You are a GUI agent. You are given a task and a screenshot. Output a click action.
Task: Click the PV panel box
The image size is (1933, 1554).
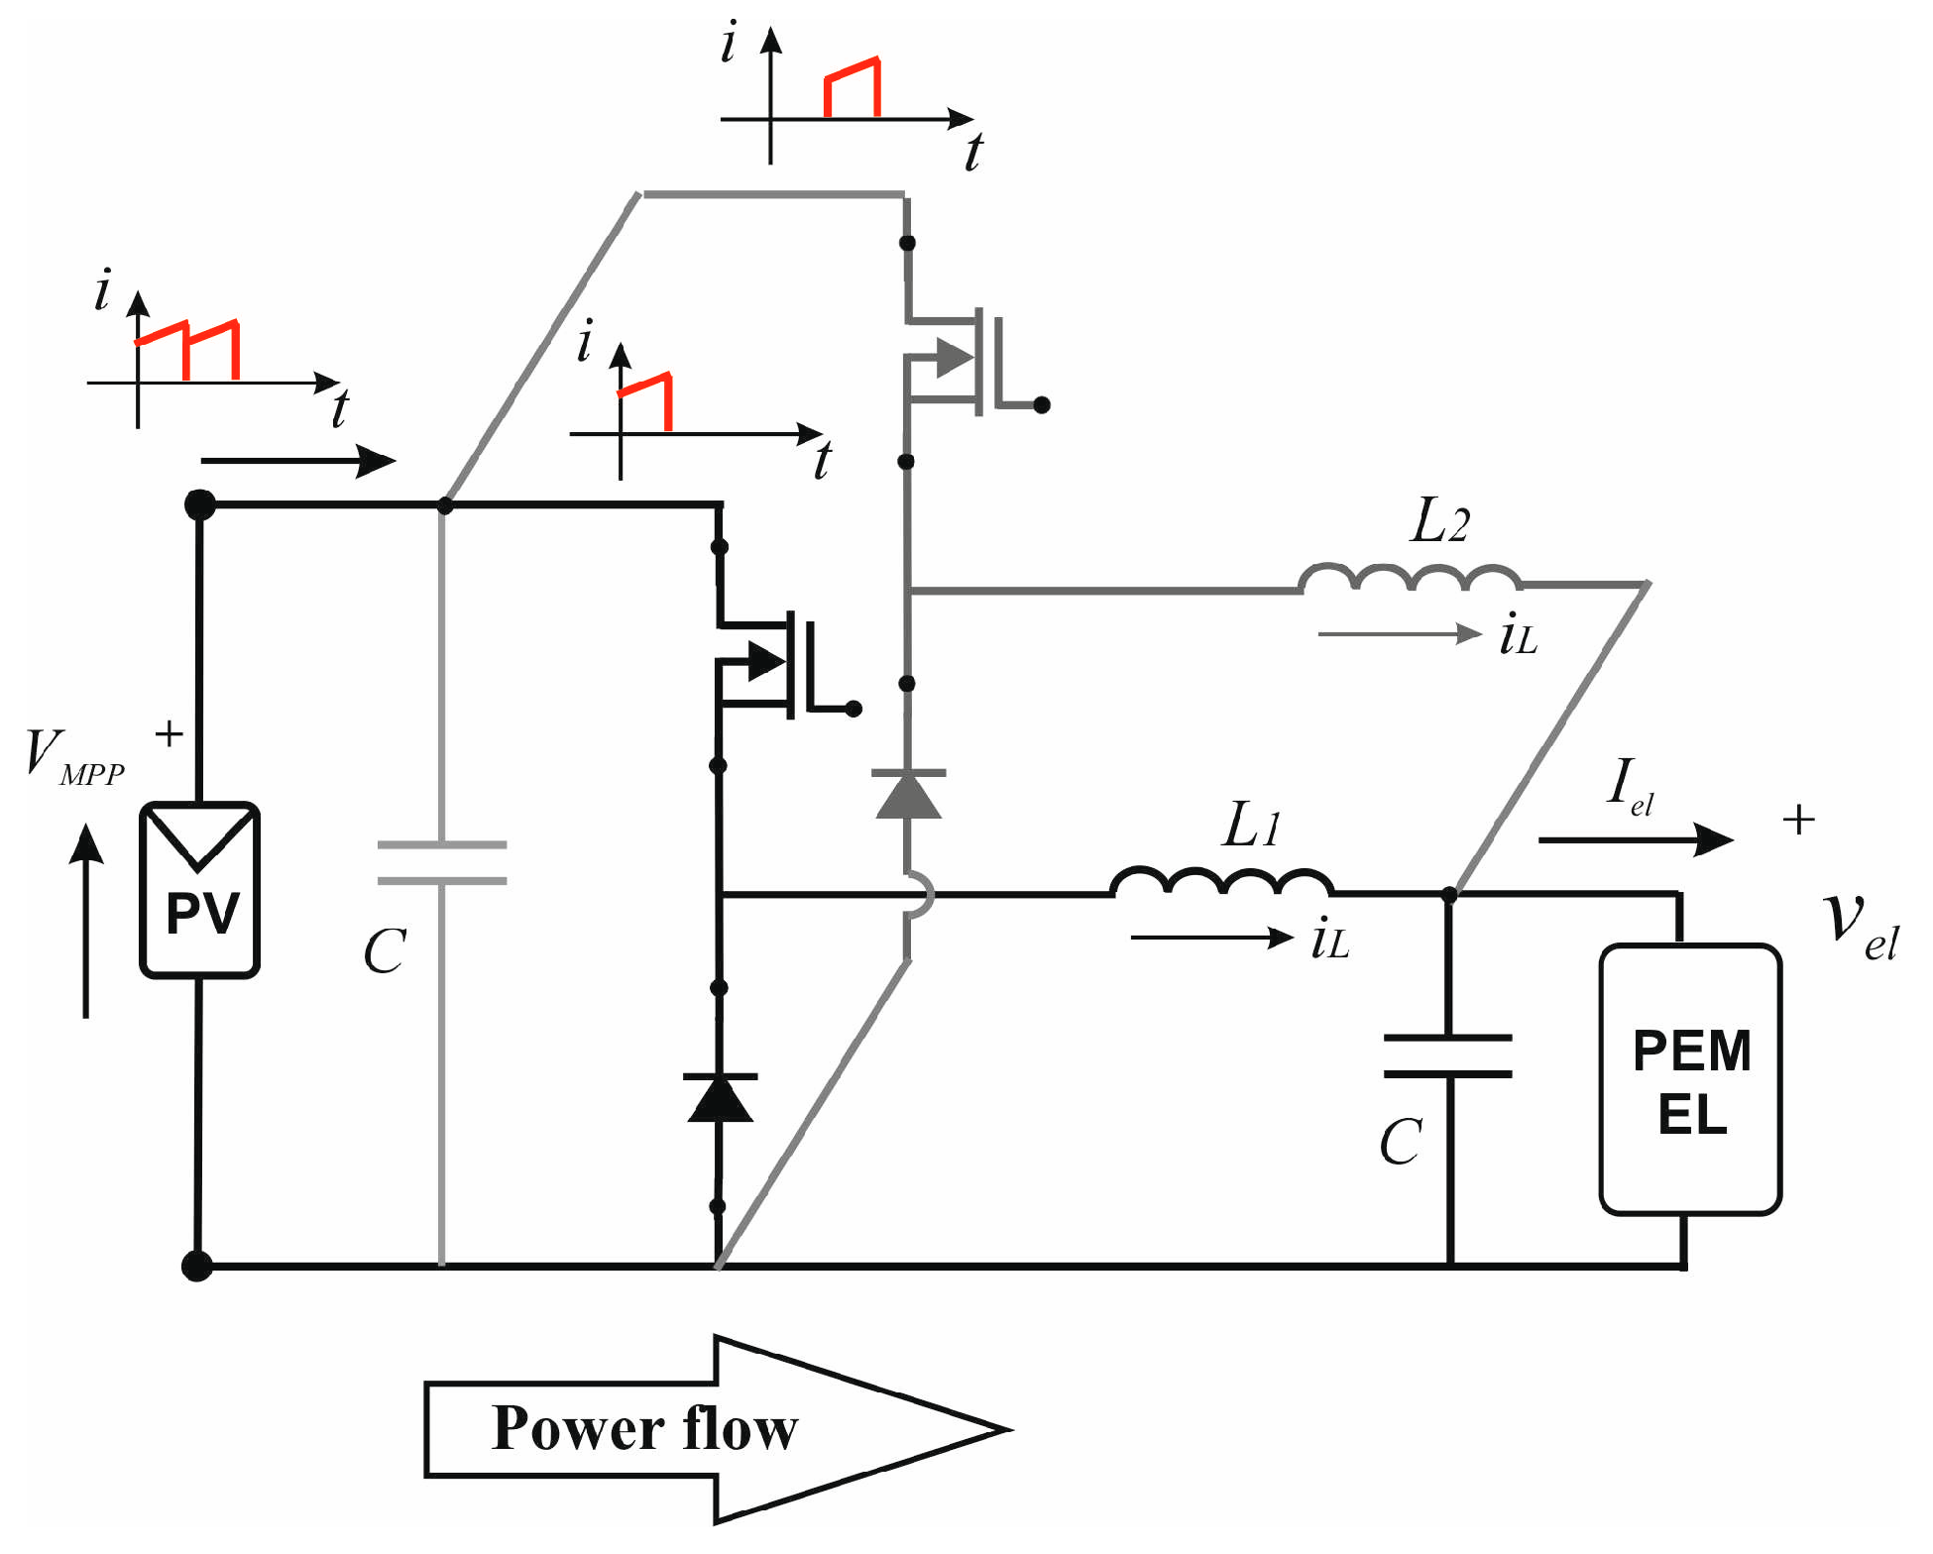[199, 890]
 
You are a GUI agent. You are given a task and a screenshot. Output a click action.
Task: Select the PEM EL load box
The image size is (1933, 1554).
[1690, 1079]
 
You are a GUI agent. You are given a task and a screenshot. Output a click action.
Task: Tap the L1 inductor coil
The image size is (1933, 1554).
[1220, 882]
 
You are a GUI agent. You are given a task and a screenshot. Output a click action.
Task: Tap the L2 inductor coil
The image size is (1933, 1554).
[1410, 578]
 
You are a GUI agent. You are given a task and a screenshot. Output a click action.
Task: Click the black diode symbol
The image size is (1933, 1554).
[720, 1098]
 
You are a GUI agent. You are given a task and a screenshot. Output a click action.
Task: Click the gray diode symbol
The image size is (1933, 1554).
[908, 794]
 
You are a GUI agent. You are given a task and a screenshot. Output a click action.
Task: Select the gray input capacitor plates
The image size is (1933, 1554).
[442, 862]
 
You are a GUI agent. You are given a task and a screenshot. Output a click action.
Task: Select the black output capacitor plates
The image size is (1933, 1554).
[1448, 1055]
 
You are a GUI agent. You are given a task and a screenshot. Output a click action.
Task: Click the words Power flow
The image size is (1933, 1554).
[644, 1428]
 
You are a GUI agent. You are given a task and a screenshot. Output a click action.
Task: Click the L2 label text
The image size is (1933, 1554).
[1438, 520]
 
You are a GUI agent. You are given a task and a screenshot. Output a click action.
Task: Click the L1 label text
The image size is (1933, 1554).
[1251, 825]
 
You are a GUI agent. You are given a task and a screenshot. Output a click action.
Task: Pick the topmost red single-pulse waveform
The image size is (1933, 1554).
[853, 88]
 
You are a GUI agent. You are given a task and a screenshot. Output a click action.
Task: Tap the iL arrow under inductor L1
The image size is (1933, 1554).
[1211, 938]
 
